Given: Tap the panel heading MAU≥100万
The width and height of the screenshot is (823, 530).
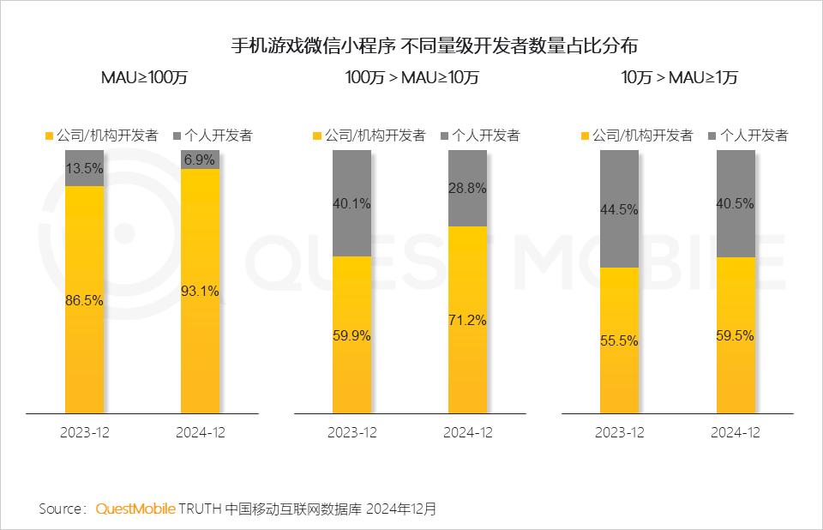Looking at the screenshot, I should click(x=144, y=77).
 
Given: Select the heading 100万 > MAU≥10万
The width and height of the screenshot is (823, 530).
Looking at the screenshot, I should click(x=411, y=77).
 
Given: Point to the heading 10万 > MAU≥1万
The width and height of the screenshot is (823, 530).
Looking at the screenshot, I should click(x=679, y=77).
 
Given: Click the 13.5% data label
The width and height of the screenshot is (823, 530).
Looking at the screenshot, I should click(x=84, y=168).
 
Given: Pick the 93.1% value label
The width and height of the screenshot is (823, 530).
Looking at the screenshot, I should click(x=200, y=292).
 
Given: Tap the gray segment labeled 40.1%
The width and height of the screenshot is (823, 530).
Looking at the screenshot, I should click(x=351, y=203).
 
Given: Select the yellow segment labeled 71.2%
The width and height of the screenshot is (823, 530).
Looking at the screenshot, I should click(x=467, y=320).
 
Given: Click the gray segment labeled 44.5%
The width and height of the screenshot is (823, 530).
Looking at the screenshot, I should click(x=619, y=209).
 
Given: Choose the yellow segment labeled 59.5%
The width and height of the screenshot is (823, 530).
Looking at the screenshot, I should click(x=735, y=336).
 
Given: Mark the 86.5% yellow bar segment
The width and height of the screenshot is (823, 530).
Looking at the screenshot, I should click(x=84, y=300).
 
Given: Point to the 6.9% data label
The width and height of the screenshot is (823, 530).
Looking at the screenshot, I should click(x=200, y=160).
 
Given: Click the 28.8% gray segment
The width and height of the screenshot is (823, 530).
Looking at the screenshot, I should click(x=467, y=189).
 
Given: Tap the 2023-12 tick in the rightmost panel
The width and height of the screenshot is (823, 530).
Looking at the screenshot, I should click(x=619, y=433).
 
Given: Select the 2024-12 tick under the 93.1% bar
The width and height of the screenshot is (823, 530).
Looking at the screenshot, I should click(x=200, y=433).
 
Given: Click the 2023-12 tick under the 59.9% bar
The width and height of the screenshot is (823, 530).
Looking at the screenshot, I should click(x=351, y=433).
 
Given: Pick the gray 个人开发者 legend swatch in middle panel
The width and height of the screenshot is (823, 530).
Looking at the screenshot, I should click(x=444, y=136).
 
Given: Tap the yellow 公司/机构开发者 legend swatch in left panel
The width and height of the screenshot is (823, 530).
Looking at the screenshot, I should click(x=49, y=136).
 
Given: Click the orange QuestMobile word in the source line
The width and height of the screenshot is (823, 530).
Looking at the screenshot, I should click(x=135, y=509).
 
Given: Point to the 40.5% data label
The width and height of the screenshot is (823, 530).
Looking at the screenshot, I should click(x=735, y=204).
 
